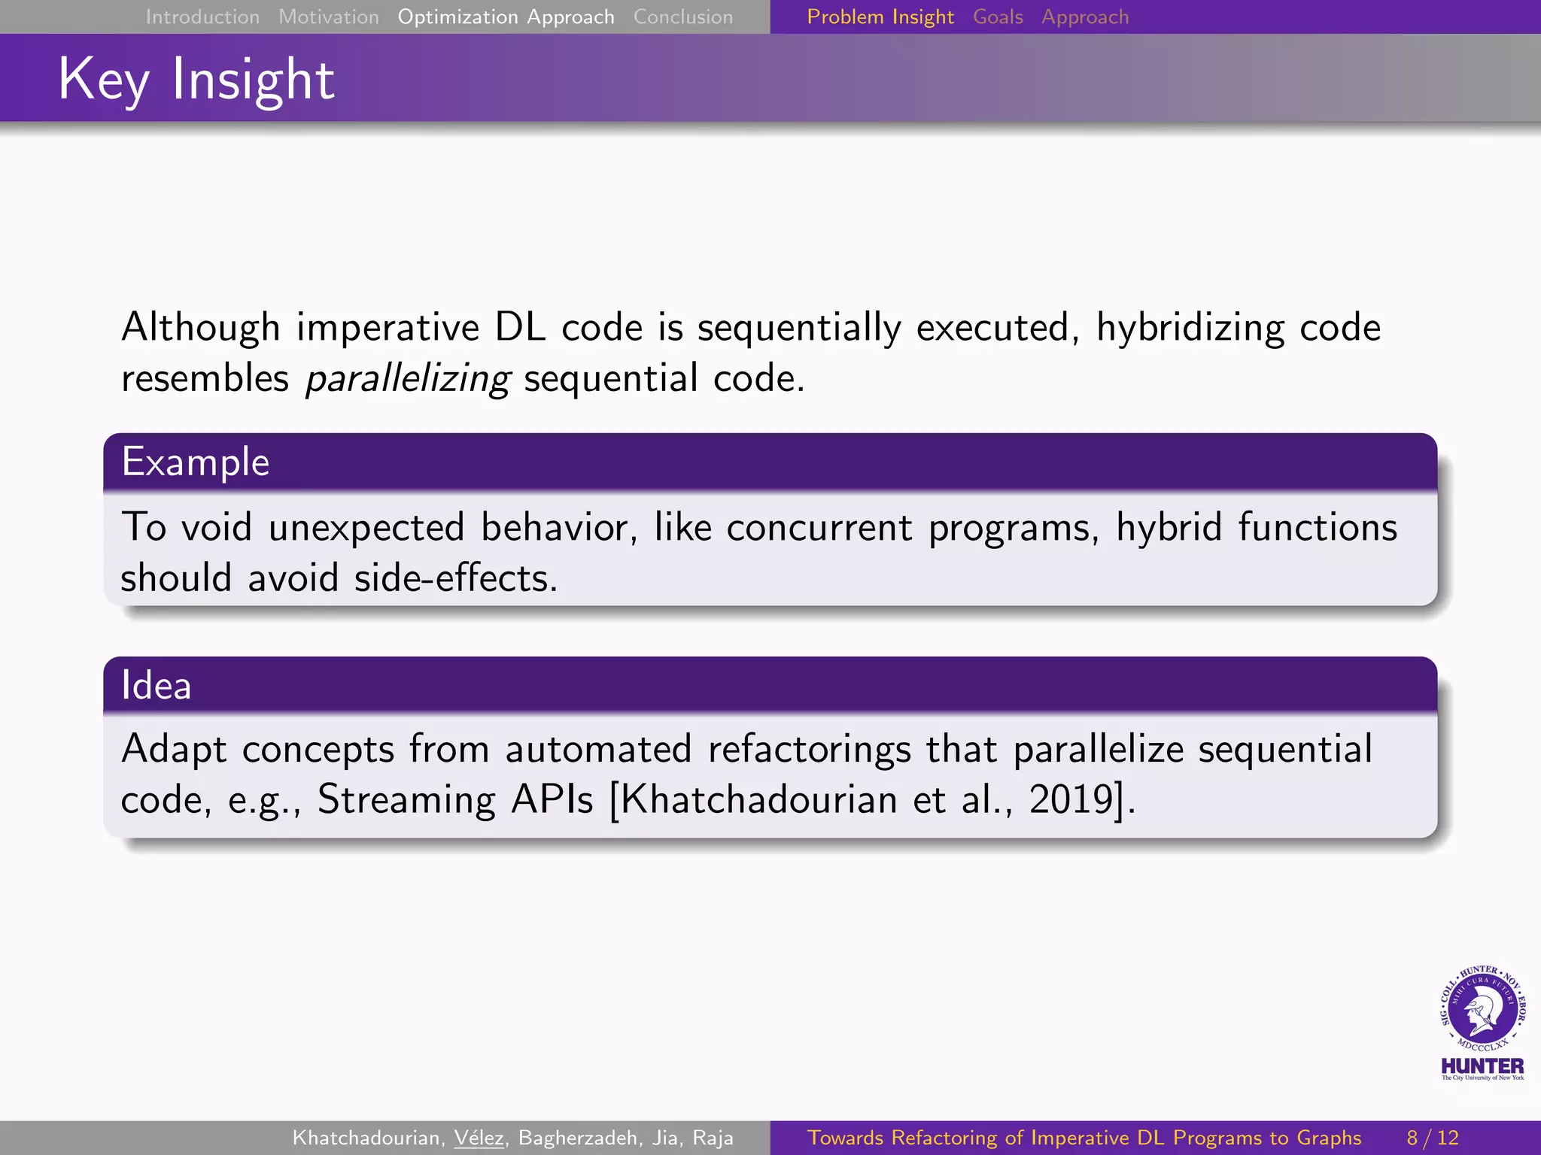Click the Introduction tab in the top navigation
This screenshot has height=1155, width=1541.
[x=202, y=17]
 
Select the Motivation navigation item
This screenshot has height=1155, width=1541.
[x=329, y=17]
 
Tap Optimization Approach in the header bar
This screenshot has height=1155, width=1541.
[x=506, y=17]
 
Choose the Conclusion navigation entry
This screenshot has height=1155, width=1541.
[x=682, y=17]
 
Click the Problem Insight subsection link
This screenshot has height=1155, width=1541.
[x=880, y=17]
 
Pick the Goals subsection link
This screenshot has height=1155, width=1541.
[x=998, y=17]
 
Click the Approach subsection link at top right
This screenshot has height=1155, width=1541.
[x=1085, y=17]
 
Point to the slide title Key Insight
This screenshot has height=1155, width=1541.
[x=196, y=79]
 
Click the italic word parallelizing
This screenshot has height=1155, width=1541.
[x=408, y=378]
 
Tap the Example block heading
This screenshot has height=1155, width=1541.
[x=196, y=462]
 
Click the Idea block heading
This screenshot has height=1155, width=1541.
[x=157, y=685]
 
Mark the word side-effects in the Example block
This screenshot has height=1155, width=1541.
[x=455, y=578]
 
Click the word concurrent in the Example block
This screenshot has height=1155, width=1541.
[x=819, y=527]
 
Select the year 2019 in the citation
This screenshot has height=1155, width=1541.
[x=1071, y=799]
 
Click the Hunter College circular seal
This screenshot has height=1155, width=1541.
[x=1482, y=1010]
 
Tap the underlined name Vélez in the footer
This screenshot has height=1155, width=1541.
[x=479, y=1138]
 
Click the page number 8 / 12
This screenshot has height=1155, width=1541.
[x=1432, y=1138]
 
